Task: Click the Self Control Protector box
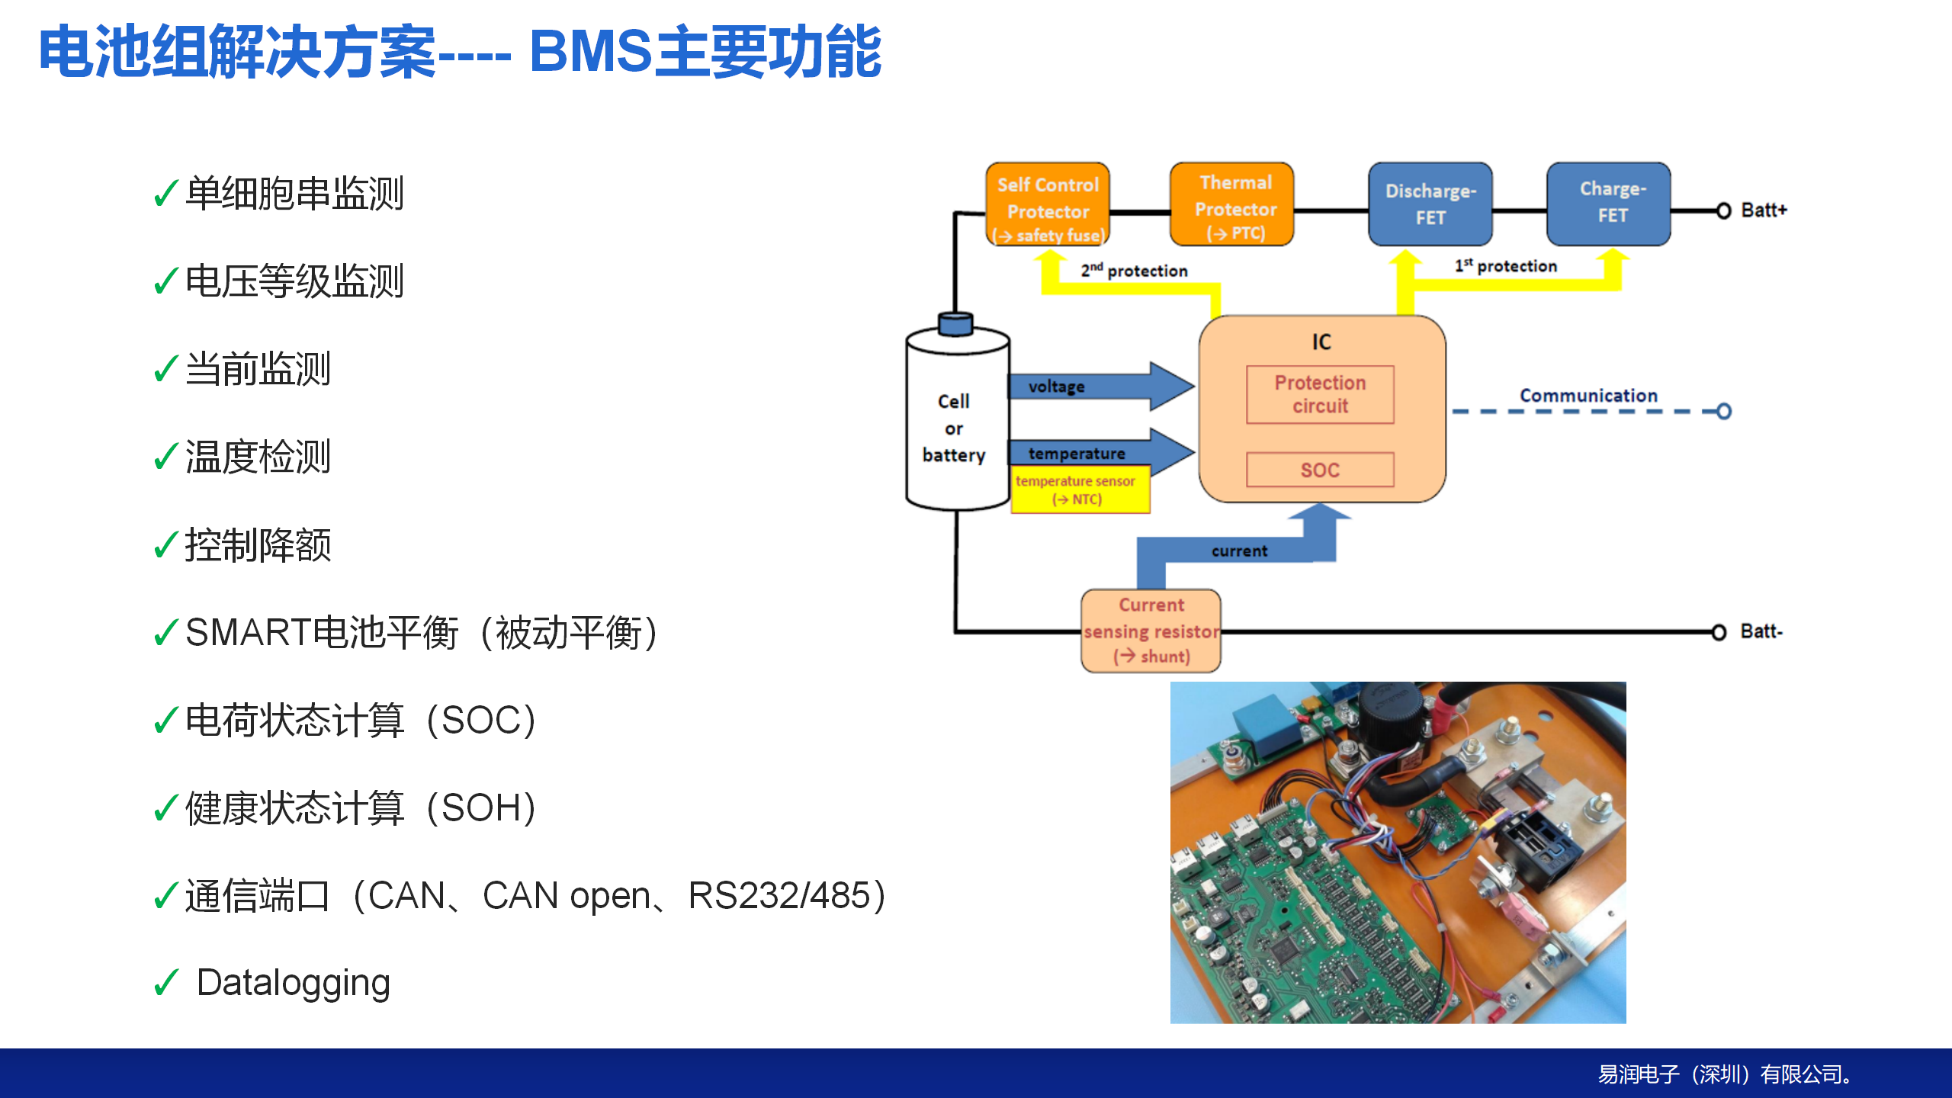[1048, 204]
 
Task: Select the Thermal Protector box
[1232, 204]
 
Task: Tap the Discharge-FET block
[1430, 204]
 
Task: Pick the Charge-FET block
[1609, 204]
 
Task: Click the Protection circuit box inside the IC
[1320, 395]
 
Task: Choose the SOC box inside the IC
[1320, 470]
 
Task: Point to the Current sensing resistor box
[1151, 631]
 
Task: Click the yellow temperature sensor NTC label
[1080, 490]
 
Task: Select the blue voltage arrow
[1101, 386]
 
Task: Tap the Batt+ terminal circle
[1723, 210]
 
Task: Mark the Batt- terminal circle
[1719, 632]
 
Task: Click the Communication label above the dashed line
[1588, 396]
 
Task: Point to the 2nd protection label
[1134, 270]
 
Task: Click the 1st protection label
[1505, 265]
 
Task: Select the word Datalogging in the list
[294, 983]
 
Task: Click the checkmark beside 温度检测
[166, 457]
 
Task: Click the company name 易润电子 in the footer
[1639, 1074]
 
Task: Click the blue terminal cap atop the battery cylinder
[955, 324]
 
